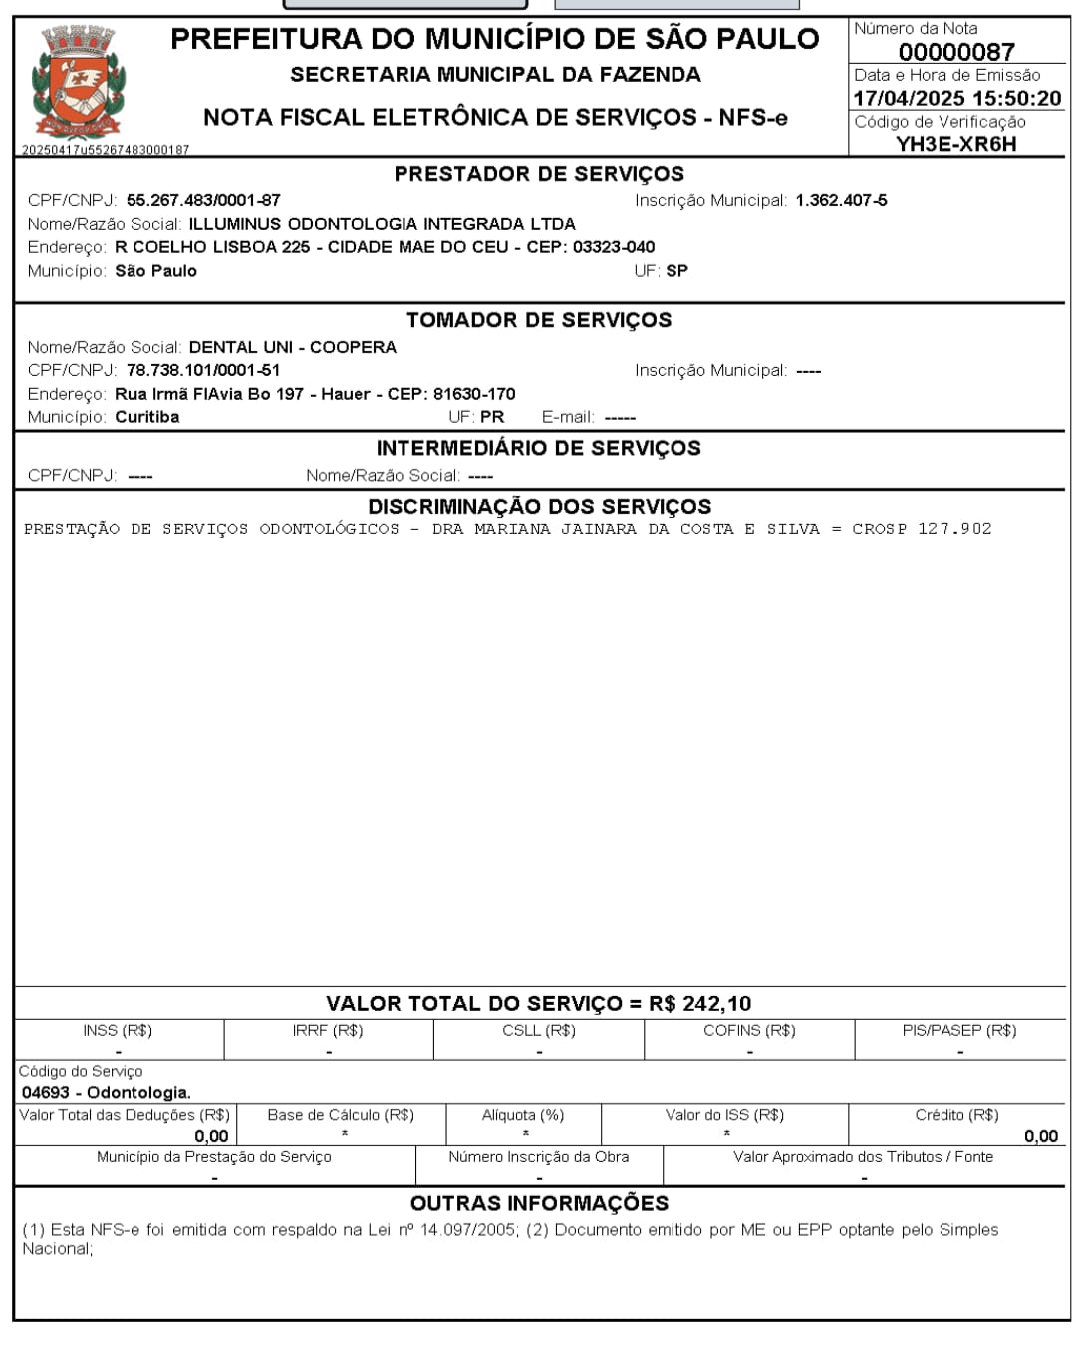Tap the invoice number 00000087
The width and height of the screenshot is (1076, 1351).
tap(955, 52)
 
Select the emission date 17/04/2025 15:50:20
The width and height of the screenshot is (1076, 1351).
tap(956, 98)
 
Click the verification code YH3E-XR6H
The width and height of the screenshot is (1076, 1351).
tap(955, 144)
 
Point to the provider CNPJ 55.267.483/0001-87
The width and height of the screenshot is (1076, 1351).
tap(203, 200)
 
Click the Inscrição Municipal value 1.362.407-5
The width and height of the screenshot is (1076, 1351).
tap(841, 200)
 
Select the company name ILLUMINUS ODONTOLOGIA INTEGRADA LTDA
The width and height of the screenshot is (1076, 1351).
tap(382, 224)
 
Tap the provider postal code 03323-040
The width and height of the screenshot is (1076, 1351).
tap(614, 247)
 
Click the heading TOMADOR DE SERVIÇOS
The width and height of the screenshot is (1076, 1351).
tap(539, 320)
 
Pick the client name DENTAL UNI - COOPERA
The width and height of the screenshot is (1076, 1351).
tap(292, 347)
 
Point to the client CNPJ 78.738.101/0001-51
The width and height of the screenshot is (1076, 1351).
tap(203, 370)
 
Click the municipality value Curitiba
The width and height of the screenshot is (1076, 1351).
tap(147, 417)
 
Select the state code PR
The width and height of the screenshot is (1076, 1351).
tap(492, 417)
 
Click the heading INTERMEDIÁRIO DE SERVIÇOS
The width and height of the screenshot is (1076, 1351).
tap(539, 448)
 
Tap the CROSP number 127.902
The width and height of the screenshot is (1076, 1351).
tap(954, 529)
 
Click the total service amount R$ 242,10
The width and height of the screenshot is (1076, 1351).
tap(699, 1004)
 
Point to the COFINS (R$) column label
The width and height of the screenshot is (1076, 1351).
tap(749, 1030)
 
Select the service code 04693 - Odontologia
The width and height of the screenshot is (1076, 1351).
tap(106, 1092)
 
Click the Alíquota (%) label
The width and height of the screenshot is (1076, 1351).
tap(522, 1115)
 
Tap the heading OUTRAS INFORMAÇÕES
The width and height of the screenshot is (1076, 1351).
tap(539, 1203)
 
